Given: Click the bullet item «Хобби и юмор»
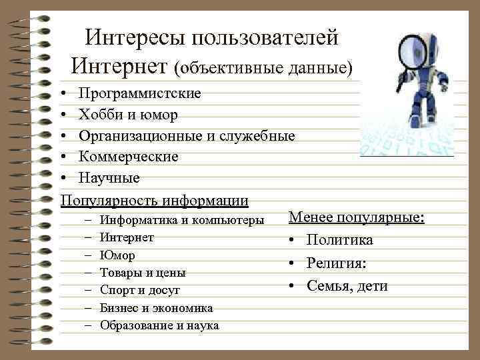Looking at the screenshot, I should [x=128, y=115].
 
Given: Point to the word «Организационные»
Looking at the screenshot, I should [x=143, y=136].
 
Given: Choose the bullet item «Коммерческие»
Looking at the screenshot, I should [x=129, y=157].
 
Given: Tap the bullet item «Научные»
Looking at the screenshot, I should [x=109, y=178].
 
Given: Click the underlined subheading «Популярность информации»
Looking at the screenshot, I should [x=154, y=199].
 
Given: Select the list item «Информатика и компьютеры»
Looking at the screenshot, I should [x=182, y=219].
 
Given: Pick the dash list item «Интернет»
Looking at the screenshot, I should [x=127, y=237].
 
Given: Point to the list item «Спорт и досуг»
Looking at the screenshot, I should [x=140, y=290].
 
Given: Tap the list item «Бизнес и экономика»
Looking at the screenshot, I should [x=157, y=308].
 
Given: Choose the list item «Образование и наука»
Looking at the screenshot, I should [x=159, y=325].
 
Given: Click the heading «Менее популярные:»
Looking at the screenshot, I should [x=356, y=218].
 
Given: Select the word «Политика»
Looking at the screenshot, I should [x=340, y=241].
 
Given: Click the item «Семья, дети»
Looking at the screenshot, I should [x=347, y=286].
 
